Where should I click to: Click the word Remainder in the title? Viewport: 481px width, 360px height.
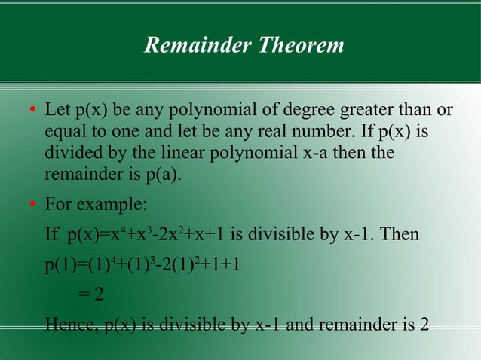tap(198, 45)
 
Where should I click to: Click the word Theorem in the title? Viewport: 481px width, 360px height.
tap(302, 45)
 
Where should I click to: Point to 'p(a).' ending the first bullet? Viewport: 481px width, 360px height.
tap(164, 175)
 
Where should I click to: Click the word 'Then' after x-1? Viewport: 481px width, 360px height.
tap(400, 236)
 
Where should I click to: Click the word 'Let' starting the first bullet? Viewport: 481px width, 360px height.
tap(57, 111)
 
